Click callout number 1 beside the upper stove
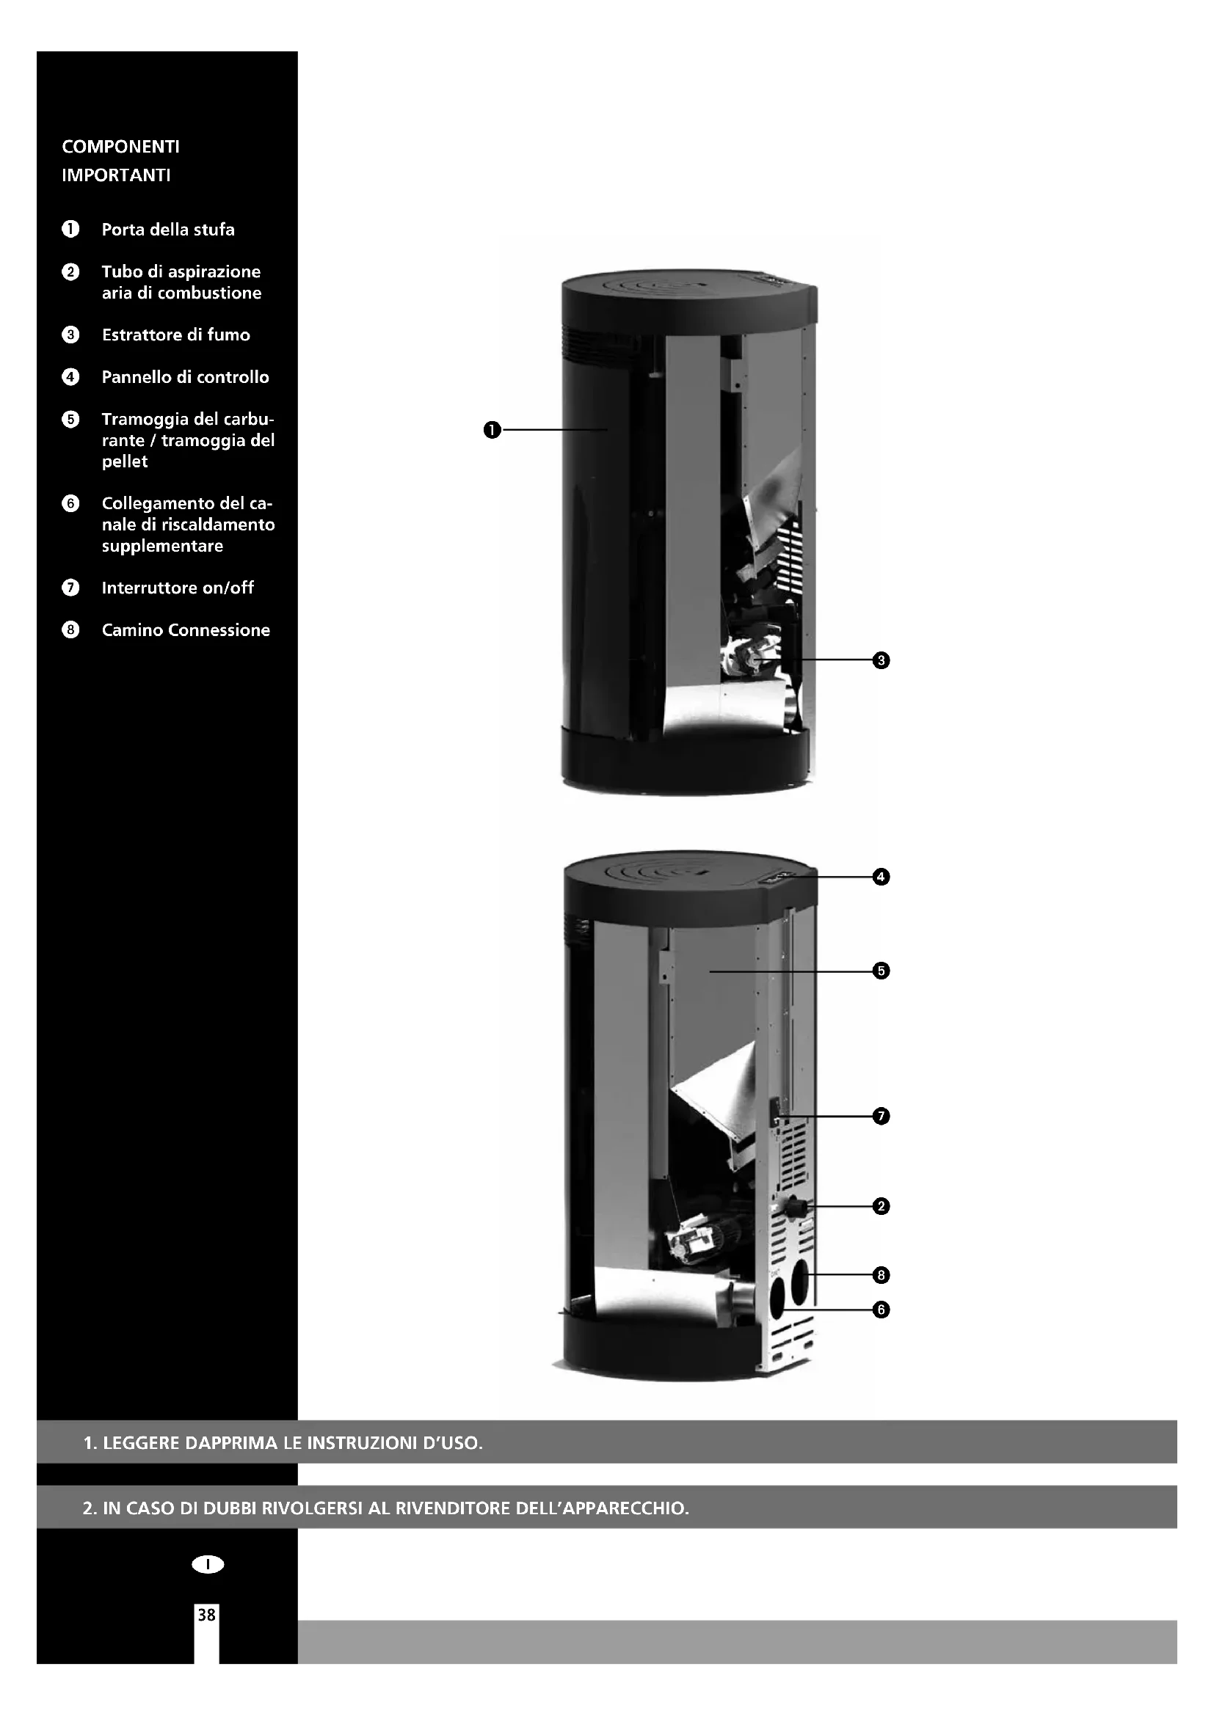491,430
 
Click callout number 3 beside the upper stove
882,660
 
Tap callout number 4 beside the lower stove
882,877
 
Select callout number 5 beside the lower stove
882,971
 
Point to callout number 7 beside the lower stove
882,1117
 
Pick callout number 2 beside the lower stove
882,1206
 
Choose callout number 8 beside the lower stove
882,1275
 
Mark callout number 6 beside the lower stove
882,1310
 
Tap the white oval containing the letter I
208,1564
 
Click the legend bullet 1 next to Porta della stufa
70,230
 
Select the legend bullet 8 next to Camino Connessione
70,630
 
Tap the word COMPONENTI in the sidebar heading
121,147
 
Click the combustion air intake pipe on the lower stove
797,1205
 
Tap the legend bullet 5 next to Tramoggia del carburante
70,420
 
